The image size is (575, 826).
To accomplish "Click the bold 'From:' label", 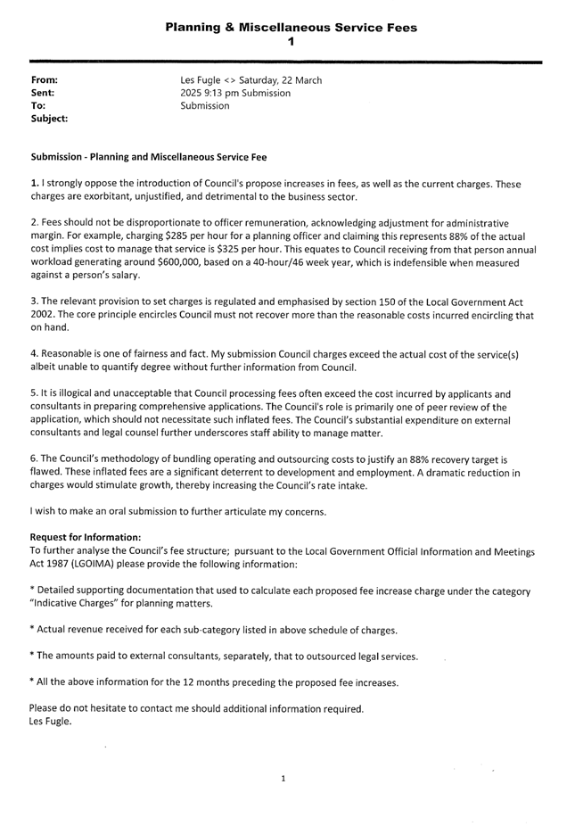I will tap(44, 81).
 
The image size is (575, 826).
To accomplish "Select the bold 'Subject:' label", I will tap(50, 118).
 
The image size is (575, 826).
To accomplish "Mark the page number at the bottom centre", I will tap(283, 779).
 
